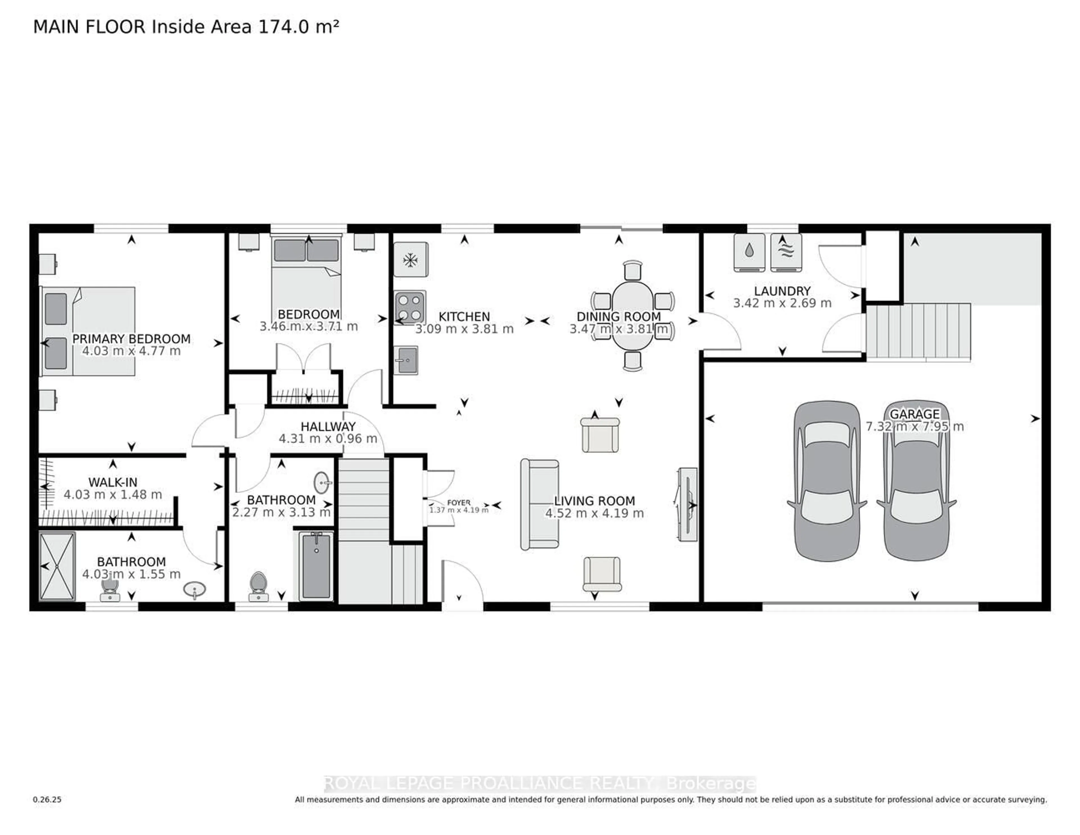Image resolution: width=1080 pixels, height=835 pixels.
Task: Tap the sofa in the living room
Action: click(x=539, y=504)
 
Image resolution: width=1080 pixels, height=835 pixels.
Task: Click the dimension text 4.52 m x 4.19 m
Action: click(x=594, y=513)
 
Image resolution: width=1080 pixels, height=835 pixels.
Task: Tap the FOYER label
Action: click(x=458, y=502)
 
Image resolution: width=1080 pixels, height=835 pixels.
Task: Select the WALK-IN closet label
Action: click(x=113, y=482)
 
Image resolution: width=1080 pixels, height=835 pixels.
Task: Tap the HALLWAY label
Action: click(x=328, y=427)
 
